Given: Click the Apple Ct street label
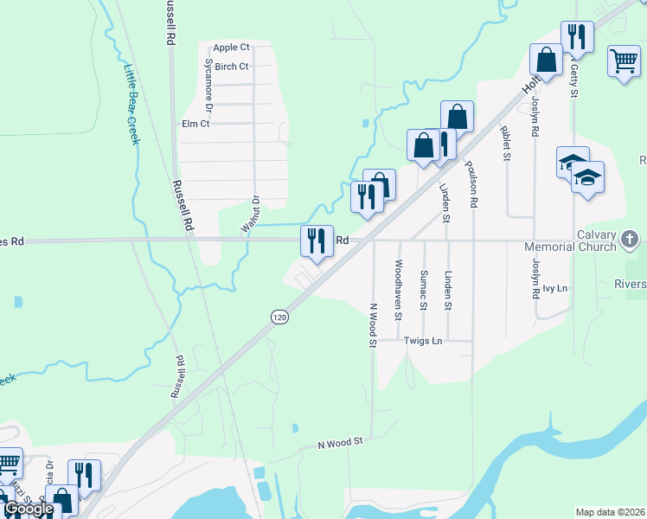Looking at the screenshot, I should tap(231, 48).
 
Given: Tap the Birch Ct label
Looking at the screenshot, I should tap(232, 67).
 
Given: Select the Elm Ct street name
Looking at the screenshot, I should tap(195, 124).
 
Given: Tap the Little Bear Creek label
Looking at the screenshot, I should tap(131, 104).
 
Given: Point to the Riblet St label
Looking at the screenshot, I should tap(504, 144).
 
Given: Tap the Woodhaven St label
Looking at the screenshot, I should tap(399, 291).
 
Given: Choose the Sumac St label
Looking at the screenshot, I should tap(423, 287).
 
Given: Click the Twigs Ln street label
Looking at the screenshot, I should tap(424, 341).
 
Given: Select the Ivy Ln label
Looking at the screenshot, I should tap(555, 287).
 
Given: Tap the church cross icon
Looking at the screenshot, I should tap(631, 239).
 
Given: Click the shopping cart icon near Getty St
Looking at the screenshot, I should tap(624, 61).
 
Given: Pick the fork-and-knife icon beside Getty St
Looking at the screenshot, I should tap(576, 36).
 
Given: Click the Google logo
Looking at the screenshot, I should tap(29, 509).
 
